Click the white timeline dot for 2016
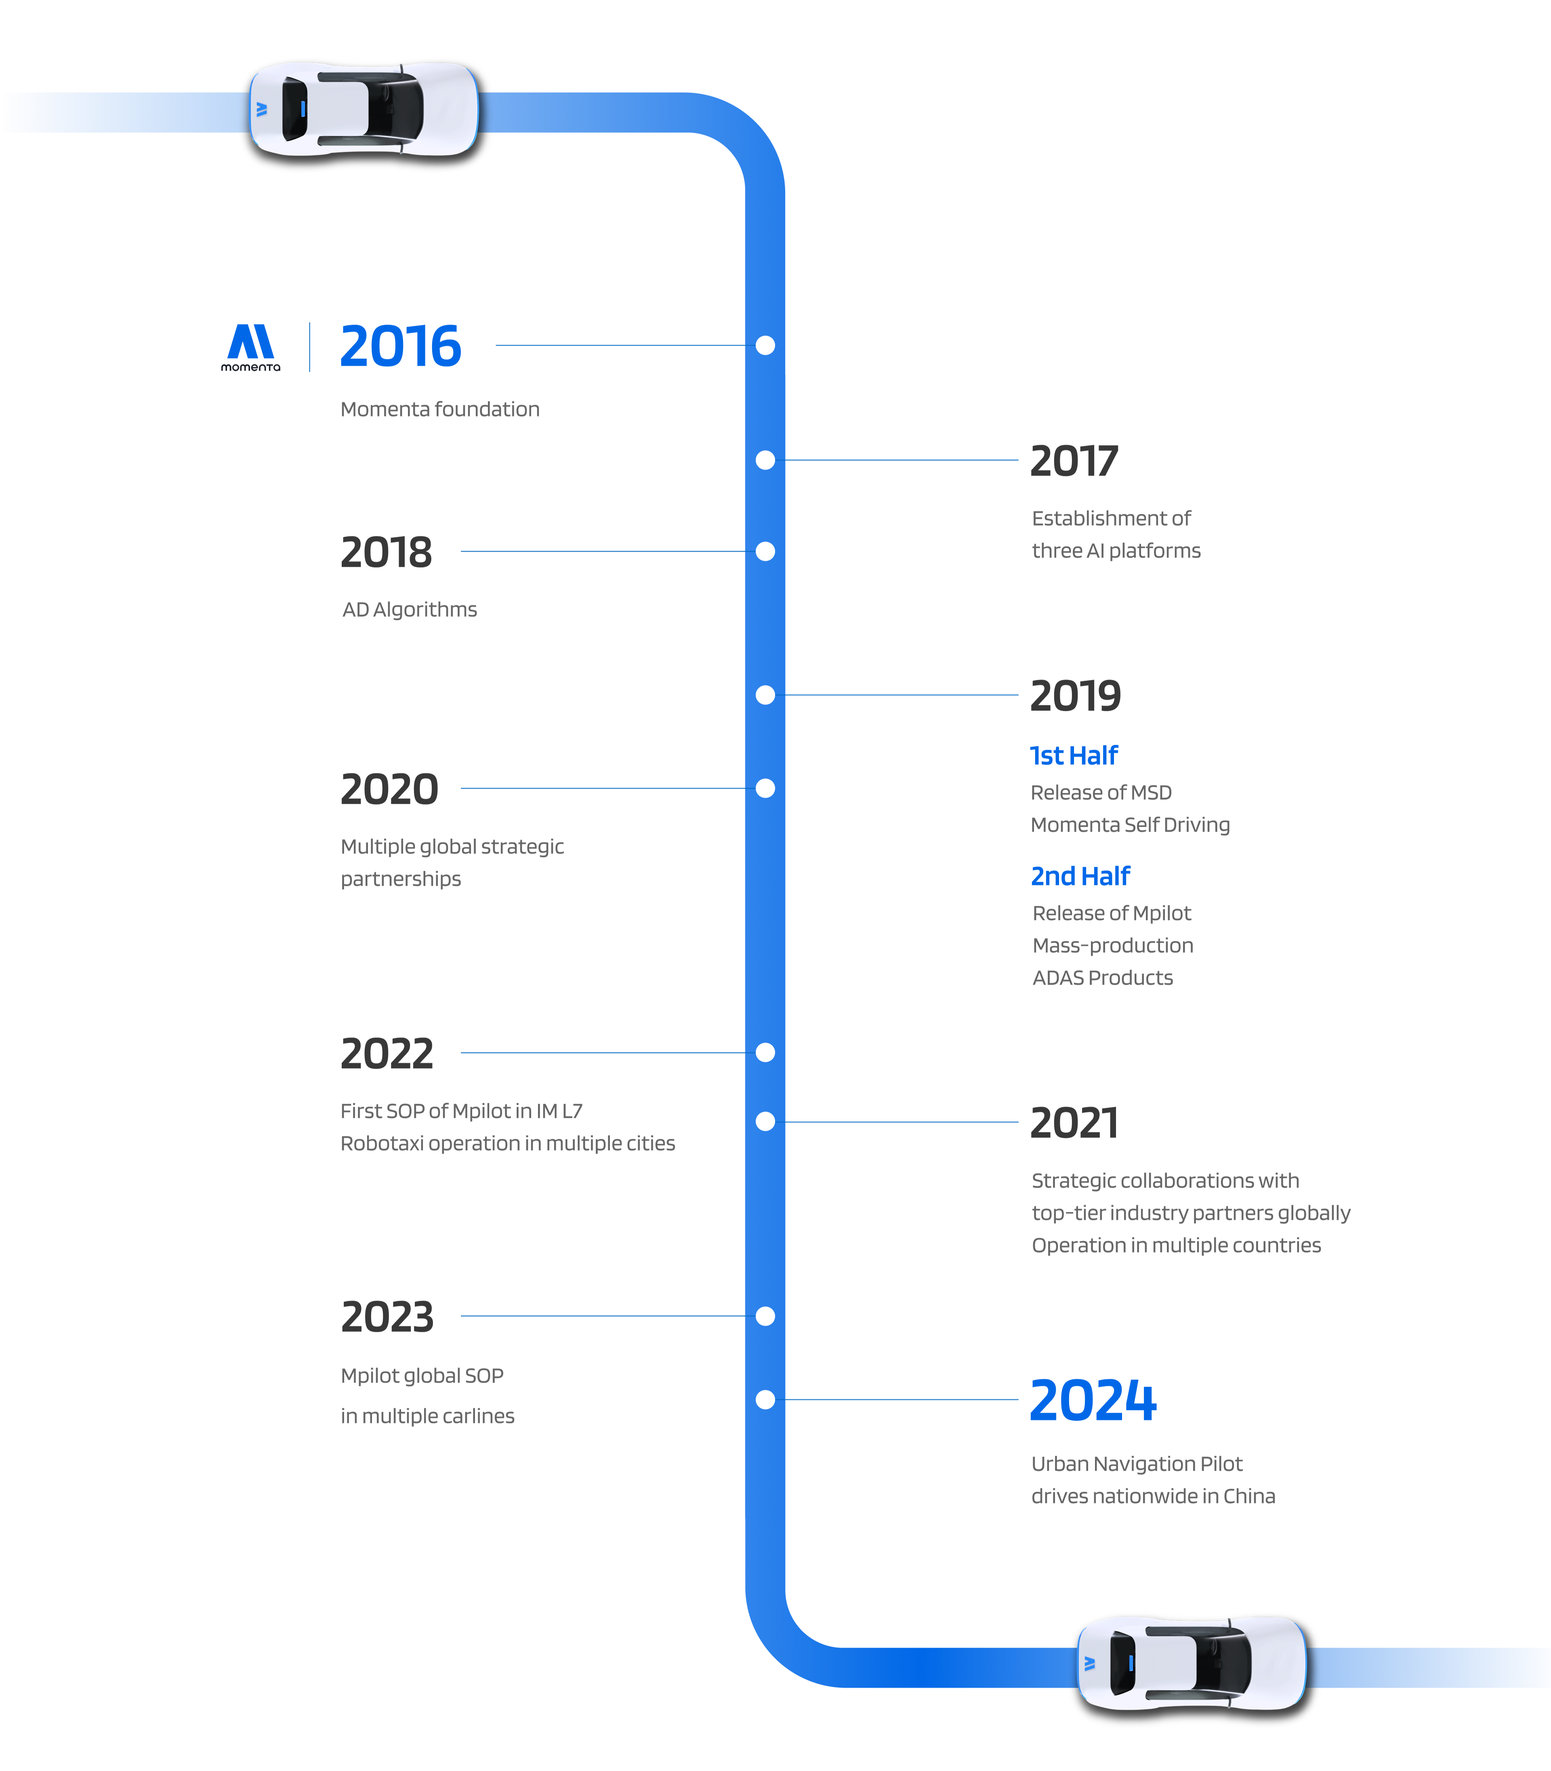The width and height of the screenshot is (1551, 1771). (765, 345)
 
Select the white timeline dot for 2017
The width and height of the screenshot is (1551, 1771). (765, 460)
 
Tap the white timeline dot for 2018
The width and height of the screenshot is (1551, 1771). (765, 551)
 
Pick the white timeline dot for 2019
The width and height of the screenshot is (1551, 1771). (765, 695)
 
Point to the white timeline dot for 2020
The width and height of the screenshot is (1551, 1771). (765, 788)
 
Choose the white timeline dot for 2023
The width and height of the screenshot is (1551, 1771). (765, 1316)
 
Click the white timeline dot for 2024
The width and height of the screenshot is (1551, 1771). (765, 1399)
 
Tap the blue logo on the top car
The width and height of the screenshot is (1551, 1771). (261, 109)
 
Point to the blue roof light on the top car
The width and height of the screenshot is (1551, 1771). (303, 109)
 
